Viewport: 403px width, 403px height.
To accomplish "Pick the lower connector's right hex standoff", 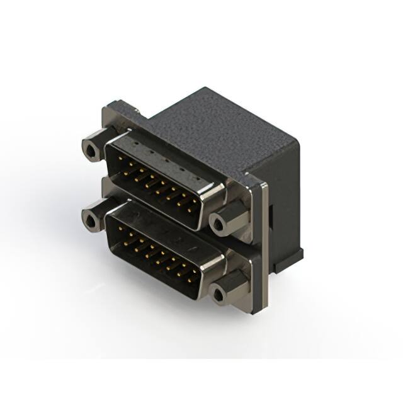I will (x=228, y=290).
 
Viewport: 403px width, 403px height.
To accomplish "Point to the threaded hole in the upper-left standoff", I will (x=91, y=150).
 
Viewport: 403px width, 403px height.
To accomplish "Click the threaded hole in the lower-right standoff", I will (x=219, y=293).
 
